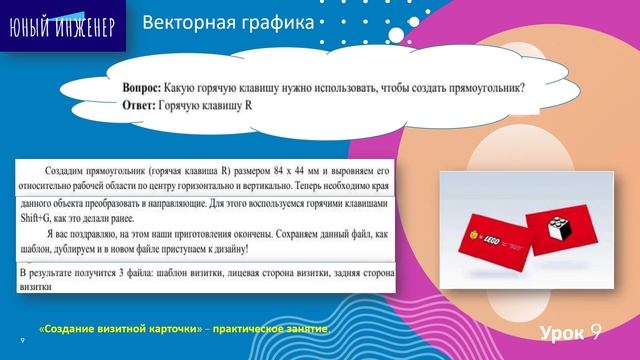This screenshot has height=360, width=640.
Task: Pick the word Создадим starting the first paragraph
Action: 73,170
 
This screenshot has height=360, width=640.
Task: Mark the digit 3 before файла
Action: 134,272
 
